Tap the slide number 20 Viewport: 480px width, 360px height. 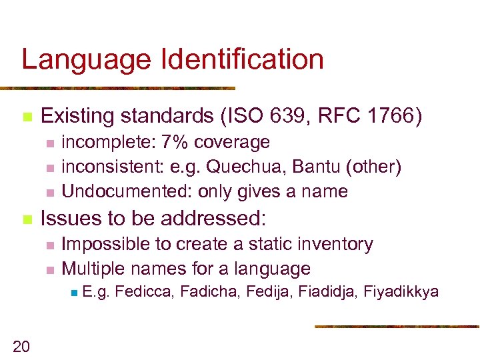[x=21, y=345]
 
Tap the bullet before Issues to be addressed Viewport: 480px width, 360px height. [x=27, y=218]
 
